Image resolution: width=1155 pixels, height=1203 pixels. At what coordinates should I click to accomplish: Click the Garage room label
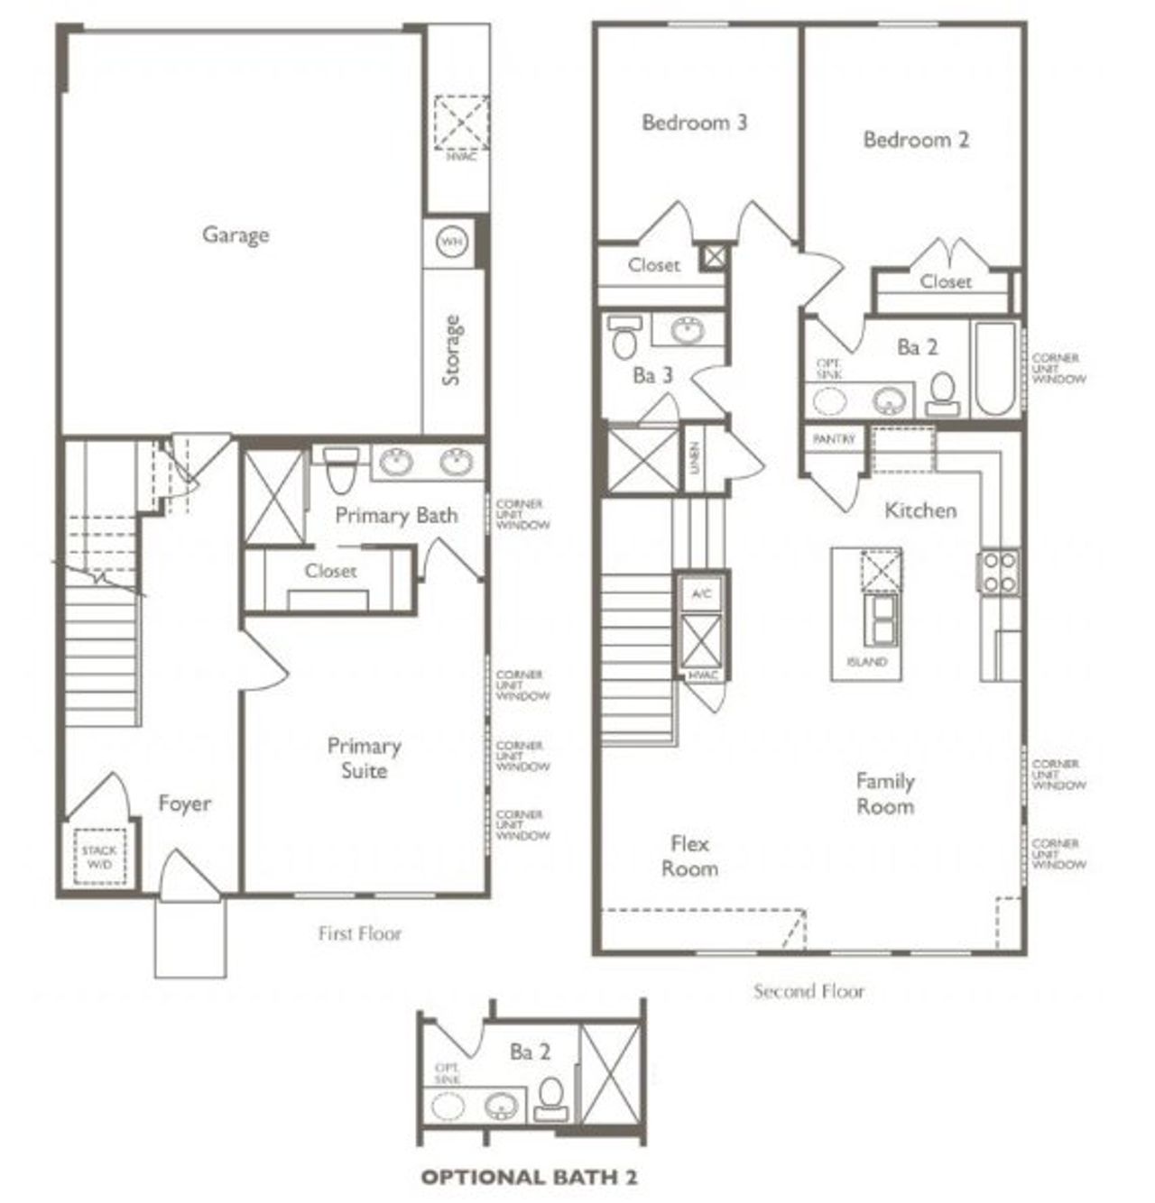tap(236, 234)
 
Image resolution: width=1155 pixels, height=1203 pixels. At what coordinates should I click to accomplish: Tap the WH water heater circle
tap(450, 242)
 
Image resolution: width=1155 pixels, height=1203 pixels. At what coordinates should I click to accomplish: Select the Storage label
tap(451, 350)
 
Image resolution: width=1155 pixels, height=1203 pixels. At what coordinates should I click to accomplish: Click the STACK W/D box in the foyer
tap(98, 856)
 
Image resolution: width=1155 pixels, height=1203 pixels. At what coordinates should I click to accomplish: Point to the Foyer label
tap(185, 804)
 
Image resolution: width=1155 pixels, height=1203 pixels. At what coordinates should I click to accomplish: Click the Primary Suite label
tap(364, 758)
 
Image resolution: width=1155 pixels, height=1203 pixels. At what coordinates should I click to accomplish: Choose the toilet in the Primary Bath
tap(340, 470)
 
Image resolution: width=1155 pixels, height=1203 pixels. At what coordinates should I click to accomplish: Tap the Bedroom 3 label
tap(694, 122)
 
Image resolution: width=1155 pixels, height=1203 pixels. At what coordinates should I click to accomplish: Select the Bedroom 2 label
tap(916, 139)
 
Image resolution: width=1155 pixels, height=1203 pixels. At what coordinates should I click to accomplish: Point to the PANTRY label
tap(833, 439)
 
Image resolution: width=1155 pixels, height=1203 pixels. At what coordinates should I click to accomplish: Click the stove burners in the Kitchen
tap(999, 572)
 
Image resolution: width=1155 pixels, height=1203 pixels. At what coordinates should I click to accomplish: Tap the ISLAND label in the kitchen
tap(866, 662)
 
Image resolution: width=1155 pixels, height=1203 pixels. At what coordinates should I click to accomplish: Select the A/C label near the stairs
tap(701, 593)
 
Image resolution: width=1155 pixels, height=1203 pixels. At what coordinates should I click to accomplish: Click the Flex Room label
tap(689, 857)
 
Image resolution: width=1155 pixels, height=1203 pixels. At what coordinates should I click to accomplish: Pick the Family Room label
tap(885, 794)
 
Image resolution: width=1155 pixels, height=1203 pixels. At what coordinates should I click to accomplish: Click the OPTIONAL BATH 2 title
tap(531, 1176)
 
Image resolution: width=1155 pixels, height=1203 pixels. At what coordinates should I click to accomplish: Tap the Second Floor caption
tap(808, 992)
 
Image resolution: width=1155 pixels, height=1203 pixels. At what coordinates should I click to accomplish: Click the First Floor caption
tap(359, 933)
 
